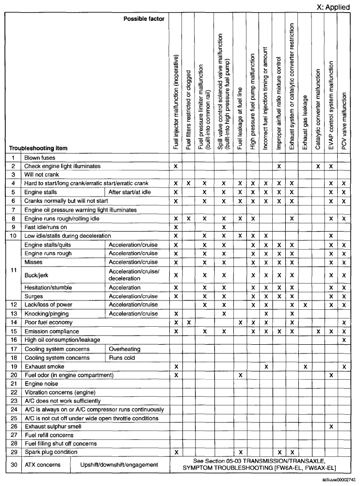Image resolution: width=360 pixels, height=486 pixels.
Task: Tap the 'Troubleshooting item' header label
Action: coord(38,148)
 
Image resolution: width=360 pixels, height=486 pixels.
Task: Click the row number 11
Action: coord(13,270)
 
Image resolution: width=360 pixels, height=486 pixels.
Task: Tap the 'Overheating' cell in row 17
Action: coord(125,349)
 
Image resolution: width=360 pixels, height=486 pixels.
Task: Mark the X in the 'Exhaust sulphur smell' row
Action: coord(331,426)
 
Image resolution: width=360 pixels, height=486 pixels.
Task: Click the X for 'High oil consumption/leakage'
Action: coord(344,340)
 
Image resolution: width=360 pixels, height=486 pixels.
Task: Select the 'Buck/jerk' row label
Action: coord(36,275)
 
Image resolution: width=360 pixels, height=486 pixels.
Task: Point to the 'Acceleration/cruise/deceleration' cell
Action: coord(133,275)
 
